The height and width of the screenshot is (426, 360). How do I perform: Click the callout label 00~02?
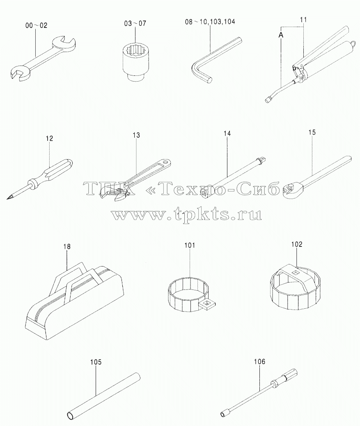click(x=36, y=25)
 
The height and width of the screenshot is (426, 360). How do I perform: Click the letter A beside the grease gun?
click(x=281, y=35)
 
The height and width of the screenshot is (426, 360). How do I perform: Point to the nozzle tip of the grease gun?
click(x=268, y=100)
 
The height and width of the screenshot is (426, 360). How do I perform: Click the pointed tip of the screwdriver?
click(x=7, y=198)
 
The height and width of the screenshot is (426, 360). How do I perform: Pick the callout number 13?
click(x=136, y=135)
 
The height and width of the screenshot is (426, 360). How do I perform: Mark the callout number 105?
click(x=96, y=362)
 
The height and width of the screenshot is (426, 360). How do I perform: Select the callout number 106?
click(x=259, y=362)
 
